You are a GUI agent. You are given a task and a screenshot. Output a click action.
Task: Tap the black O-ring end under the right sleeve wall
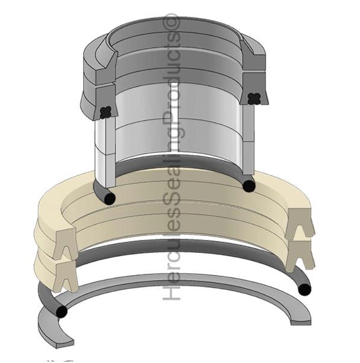coord(249,186)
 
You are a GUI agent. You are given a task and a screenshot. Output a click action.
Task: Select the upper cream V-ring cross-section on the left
coord(65,242)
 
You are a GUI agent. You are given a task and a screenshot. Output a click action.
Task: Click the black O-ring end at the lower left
coord(61,312)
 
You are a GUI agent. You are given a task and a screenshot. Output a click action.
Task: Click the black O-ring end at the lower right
coord(304,289)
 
